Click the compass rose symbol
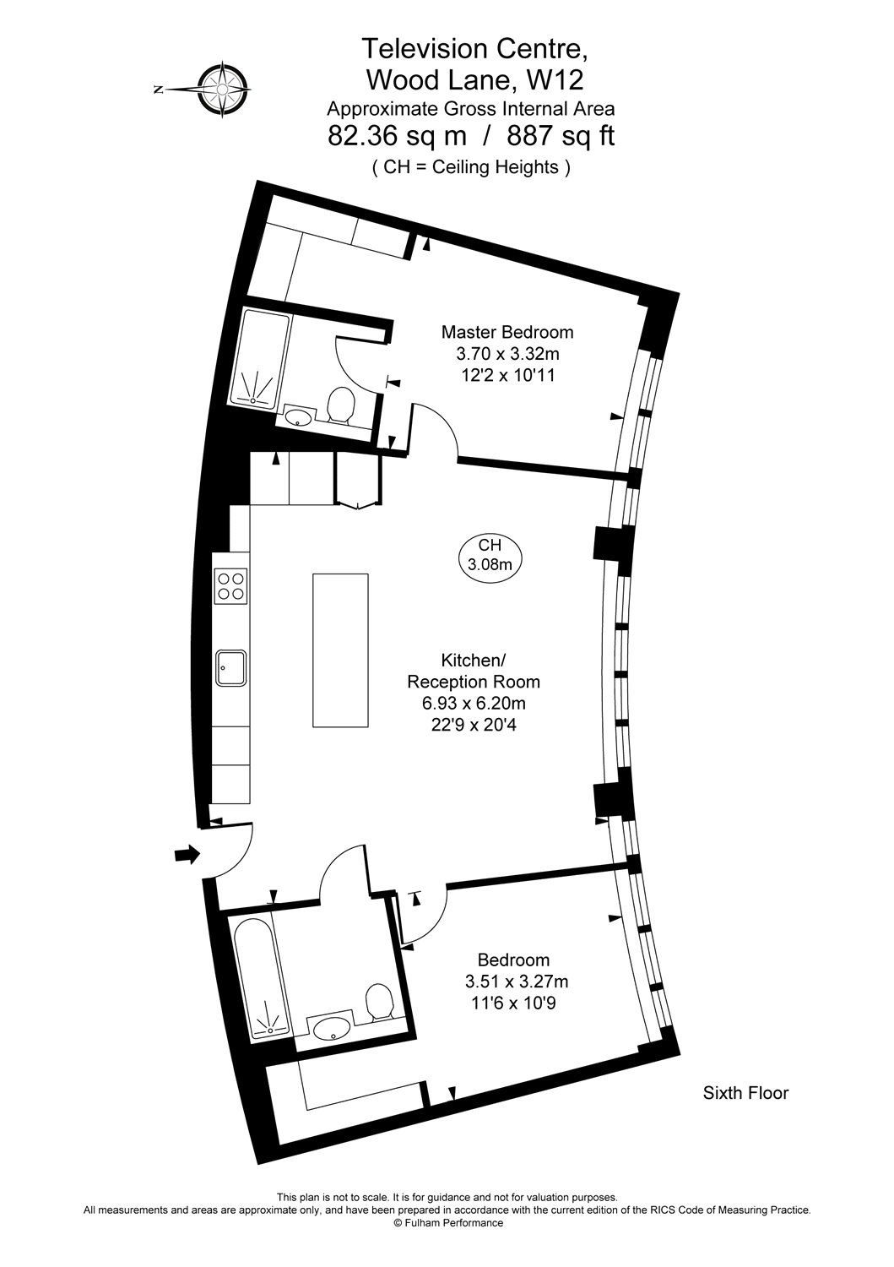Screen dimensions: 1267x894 click(x=224, y=88)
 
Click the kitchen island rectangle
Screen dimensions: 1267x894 click(x=340, y=649)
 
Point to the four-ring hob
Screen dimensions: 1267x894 click(x=231, y=585)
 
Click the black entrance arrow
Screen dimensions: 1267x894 click(x=187, y=855)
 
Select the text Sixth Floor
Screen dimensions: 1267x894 click(x=745, y=1093)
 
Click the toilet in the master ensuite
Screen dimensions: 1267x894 click(x=339, y=405)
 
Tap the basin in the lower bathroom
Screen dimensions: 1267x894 click(x=332, y=1028)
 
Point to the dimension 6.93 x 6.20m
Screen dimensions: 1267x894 click(x=474, y=703)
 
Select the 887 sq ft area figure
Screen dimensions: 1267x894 click(x=561, y=136)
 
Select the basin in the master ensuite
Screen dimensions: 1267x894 click(x=299, y=416)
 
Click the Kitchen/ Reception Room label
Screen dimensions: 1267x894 click(x=474, y=671)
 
